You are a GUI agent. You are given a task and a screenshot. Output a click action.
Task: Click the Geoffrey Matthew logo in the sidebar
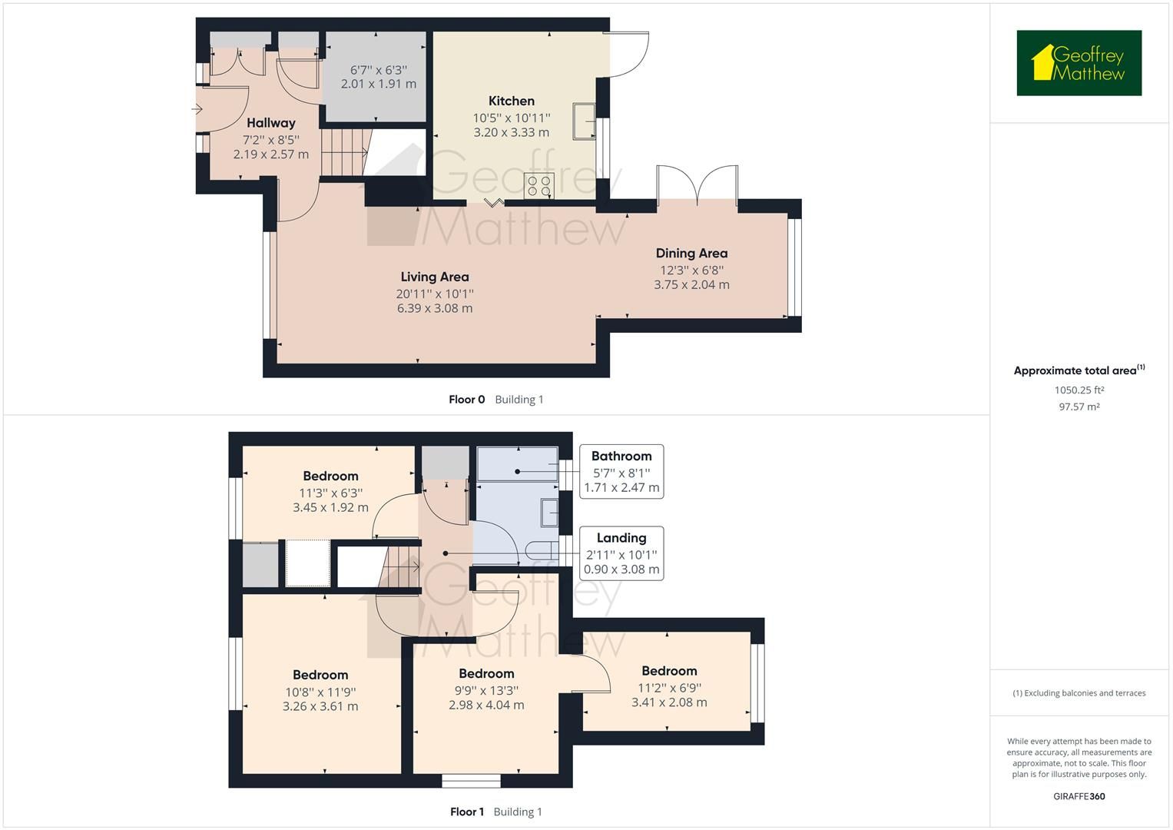coord(1079,63)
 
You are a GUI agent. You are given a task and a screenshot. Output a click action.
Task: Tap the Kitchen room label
coord(511,101)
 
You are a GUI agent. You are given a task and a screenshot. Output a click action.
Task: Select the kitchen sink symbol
coord(584,121)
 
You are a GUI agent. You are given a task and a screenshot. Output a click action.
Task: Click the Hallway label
coord(270,123)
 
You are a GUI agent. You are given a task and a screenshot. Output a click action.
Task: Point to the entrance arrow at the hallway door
coord(197,110)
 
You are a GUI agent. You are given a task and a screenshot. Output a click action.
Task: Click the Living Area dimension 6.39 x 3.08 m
coord(434,308)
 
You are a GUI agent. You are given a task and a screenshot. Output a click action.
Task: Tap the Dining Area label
coord(691,253)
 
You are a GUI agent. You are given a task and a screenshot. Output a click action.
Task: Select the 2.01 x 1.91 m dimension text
coord(378,84)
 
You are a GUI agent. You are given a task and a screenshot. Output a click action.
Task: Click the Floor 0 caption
coord(466,400)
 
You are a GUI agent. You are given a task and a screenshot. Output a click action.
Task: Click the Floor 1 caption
coord(466,812)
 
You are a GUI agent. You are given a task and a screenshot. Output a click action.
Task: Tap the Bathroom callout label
coord(621,456)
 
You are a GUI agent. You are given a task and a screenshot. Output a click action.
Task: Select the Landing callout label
coord(621,538)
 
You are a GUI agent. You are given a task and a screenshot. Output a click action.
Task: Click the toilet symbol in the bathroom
coord(541,549)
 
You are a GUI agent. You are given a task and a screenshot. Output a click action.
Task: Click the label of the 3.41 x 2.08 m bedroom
coord(669,671)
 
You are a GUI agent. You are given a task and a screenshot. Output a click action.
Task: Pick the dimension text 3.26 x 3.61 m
coord(320,706)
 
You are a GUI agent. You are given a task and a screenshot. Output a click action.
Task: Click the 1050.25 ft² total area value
coord(1079,390)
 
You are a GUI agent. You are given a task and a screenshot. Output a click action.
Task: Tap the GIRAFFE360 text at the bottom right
coord(1079,796)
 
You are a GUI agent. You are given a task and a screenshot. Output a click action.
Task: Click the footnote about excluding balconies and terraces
coord(1079,693)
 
